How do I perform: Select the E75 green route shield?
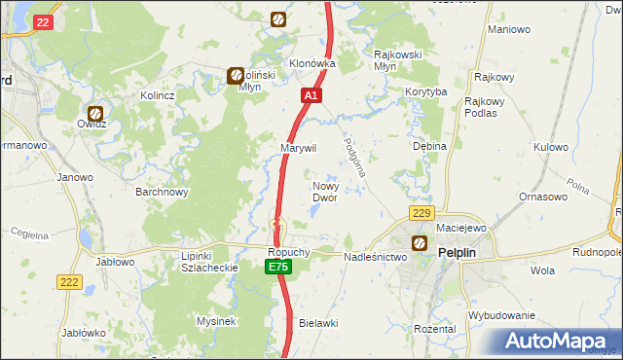(278, 267)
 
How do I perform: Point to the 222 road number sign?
(69, 281)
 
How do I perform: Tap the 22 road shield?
(42, 21)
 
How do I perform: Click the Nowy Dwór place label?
(324, 191)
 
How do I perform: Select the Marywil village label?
(299, 147)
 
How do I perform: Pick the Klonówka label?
(311, 63)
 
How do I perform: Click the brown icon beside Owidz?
(95, 113)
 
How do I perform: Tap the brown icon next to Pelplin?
(420, 243)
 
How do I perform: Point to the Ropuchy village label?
(289, 251)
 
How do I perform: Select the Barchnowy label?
(162, 192)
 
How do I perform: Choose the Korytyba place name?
(425, 91)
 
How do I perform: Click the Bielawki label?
(317, 321)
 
